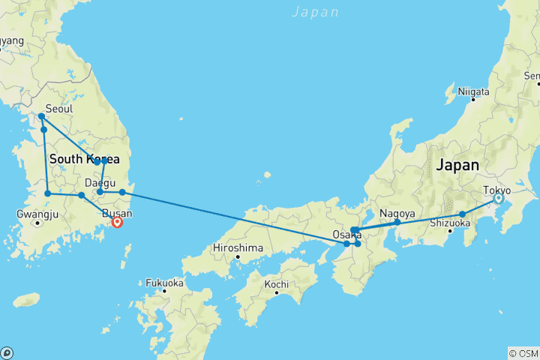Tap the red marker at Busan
[117, 222]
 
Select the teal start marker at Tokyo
[498, 199]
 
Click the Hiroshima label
[237, 247]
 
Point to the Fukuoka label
[164, 283]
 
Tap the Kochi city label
[276, 284]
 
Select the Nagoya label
[397, 212]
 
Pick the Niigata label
[473, 91]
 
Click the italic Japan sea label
[315, 11]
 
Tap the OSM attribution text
[523, 353]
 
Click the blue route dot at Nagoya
[397, 222]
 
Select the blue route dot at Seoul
[41, 116]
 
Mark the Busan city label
[112, 213]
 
